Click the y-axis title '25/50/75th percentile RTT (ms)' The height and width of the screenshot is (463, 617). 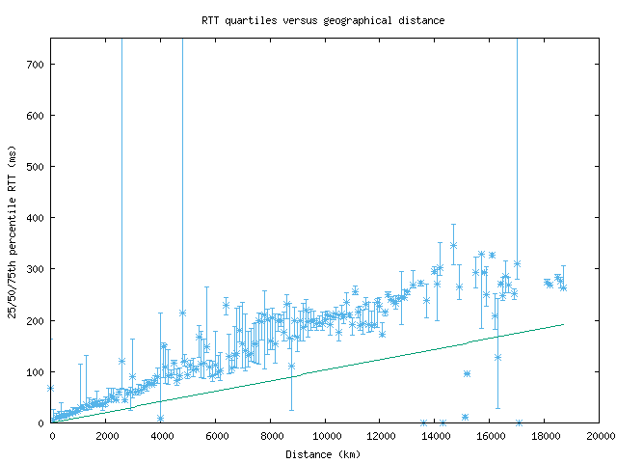13,230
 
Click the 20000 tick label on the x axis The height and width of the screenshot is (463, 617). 599,436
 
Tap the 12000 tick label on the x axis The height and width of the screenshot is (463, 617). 380,436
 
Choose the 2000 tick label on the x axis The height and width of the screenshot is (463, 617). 106,436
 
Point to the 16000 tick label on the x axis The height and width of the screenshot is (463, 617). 489,436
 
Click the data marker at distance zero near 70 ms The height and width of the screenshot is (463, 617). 51,388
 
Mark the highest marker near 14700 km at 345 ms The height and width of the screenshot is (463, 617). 453,245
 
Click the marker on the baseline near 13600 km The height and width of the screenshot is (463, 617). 423,422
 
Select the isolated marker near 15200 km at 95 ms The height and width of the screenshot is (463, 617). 467,373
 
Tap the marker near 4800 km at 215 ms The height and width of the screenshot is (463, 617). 182,313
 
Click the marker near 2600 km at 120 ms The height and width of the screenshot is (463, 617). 121,361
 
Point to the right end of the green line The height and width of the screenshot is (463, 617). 563,324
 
